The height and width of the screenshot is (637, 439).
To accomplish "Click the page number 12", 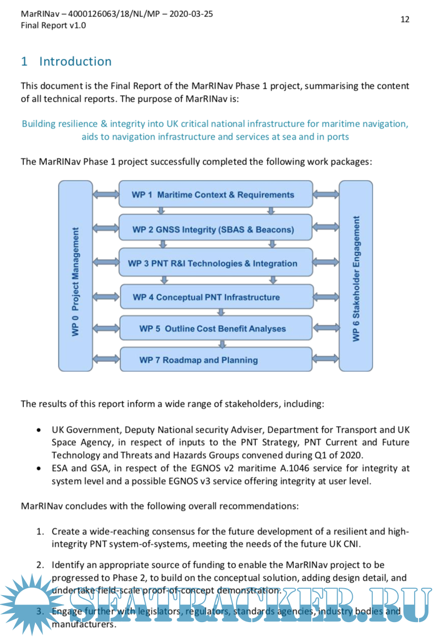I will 405,19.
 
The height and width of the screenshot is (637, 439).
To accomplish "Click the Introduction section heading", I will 75,61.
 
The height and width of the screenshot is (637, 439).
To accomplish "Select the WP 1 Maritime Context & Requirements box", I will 215,194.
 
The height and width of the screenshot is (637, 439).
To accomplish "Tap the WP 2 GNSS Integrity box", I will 215,229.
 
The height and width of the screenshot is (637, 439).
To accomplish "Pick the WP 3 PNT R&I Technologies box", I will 215,263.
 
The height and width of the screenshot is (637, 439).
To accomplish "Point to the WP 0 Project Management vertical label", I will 75,282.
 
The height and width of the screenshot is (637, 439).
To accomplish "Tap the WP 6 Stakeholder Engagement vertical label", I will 356,278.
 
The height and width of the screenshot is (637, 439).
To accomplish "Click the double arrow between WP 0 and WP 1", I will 105,194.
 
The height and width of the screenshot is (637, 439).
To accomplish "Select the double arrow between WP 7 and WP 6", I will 325,359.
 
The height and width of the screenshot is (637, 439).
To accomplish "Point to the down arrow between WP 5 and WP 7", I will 222,344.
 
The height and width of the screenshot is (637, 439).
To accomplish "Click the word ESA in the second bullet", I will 60,469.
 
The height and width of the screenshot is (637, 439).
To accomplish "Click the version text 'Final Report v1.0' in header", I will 53,25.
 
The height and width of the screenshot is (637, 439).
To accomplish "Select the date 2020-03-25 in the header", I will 191,14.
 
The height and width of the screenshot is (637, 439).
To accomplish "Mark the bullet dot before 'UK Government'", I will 39,430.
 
